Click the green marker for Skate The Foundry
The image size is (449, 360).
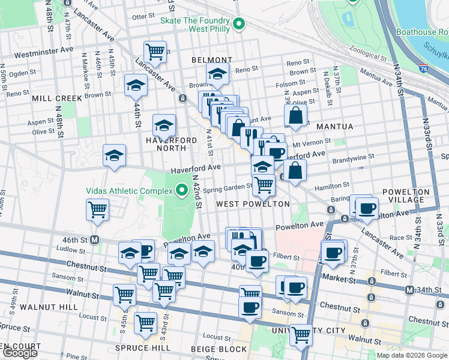pos(240,24)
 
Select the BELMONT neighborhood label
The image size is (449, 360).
pos(211,60)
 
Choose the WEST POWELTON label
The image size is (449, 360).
pos(253,204)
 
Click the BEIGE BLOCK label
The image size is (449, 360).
pos(218,349)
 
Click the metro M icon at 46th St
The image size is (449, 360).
pos(94,239)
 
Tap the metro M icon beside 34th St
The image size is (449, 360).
pos(409,290)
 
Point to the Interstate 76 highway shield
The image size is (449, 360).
pos(424,69)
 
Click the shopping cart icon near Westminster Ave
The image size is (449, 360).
pos(155,52)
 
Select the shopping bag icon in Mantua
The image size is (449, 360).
pos(295,115)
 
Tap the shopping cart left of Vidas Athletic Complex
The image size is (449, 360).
pos(97,210)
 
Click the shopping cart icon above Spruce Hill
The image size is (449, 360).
pos(145,322)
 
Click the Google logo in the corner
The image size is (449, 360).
pos(20,353)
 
